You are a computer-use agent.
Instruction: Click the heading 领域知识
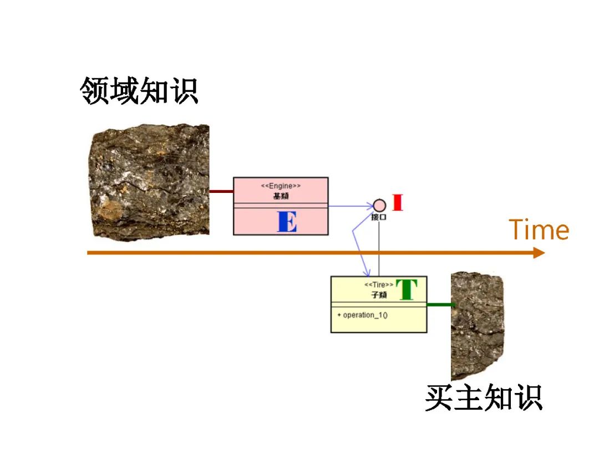(x=139, y=91)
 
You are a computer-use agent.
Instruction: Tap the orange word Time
(x=539, y=230)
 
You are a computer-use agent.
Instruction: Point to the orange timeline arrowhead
(x=539, y=253)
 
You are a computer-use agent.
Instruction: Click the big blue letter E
(x=287, y=222)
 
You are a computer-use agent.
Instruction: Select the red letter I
(x=397, y=203)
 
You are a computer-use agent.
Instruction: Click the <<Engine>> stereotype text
(x=281, y=186)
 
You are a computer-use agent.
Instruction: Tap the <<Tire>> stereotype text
(x=379, y=284)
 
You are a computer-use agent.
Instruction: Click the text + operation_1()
(x=362, y=315)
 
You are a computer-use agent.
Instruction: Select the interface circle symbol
(x=379, y=206)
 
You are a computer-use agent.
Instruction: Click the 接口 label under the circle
(x=379, y=217)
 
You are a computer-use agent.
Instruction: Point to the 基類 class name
(x=281, y=196)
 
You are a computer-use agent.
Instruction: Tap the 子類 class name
(x=379, y=294)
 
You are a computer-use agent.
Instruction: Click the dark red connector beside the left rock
(x=221, y=191)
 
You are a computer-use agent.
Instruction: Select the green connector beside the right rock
(x=440, y=304)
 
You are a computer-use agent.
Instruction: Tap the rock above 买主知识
(x=477, y=324)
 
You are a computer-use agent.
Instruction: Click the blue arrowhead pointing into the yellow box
(x=367, y=273)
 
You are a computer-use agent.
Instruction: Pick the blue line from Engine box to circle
(x=349, y=206)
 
